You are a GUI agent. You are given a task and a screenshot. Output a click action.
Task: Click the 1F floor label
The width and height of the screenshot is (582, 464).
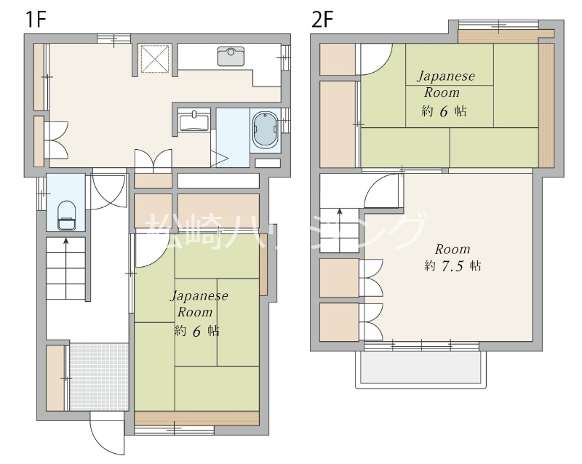pos(35,20)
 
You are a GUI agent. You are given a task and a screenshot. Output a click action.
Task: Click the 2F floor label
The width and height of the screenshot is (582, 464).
pos(322,20)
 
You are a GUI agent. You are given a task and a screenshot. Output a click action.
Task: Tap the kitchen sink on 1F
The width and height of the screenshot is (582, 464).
pos(231,57)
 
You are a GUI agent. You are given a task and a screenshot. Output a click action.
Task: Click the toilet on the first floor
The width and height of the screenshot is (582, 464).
pos(66,216)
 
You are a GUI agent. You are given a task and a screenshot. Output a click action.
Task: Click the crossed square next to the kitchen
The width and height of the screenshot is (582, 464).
pos(155,58)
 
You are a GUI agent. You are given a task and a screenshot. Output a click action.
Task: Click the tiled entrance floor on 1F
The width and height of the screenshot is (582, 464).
pos(99,377)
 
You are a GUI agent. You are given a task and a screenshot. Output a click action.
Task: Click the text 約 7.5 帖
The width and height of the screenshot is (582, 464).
pos(453,265)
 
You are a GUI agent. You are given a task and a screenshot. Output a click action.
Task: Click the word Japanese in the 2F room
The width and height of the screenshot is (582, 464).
pos(446,76)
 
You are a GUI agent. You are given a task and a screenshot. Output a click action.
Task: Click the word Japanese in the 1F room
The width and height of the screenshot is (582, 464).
pos(199,296)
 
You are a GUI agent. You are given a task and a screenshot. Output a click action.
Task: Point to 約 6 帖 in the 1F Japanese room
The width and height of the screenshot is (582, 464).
pos(196,330)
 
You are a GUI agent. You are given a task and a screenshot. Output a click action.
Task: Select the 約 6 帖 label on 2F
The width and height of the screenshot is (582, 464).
pos(444,111)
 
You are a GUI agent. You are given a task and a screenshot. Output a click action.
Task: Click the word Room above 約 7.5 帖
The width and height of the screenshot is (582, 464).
pos(453,249)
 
